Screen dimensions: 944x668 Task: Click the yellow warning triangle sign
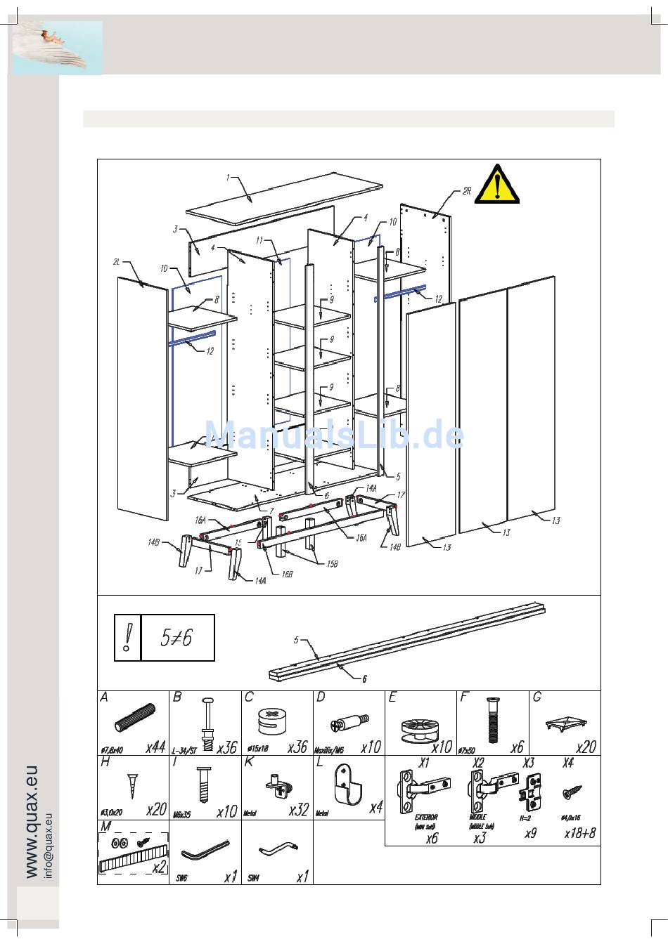tap(497, 185)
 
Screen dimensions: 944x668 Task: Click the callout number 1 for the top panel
tap(228, 178)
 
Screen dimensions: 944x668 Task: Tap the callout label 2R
tap(467, 191)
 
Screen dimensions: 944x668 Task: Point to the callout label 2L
tap(117, 262)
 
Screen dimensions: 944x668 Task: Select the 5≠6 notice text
tap(176, 638)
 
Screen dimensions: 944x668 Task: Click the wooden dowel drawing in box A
tap(134, 720)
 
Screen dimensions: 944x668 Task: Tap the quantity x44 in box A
tap(155, 747)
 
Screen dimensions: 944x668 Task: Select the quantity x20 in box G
tap(586, 747)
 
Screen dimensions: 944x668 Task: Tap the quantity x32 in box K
tap(298, 810)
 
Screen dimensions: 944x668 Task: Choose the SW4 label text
tap(253, 878)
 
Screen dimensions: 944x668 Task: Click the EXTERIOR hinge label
tap(425, 818)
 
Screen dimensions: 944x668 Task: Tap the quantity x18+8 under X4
tap(579, 834)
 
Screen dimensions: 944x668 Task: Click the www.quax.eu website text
tap(32, 822)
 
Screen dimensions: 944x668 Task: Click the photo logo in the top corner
tap(58, 48)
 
